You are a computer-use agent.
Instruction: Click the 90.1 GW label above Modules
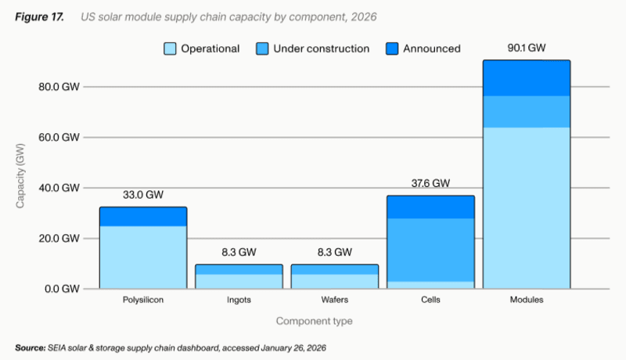(526, 48)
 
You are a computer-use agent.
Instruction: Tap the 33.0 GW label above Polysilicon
(142, 195)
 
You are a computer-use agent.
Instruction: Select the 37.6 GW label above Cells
(430, 183)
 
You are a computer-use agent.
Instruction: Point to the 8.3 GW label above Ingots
(238, 252)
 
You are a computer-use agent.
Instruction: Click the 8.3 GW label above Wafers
(334, 252)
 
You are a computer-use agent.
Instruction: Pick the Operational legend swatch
(170, 49)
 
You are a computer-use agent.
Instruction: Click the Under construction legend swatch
(263, 49)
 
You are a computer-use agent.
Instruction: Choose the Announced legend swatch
(392, 49)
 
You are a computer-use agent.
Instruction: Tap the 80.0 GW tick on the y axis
(59, 87)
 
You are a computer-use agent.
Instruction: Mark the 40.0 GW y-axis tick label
(59, 188)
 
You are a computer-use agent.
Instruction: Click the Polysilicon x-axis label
(142, 301)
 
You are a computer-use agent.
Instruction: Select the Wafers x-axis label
(334, 301)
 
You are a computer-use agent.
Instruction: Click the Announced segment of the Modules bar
(526, 78)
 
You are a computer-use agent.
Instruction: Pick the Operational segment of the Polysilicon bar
(142, 257)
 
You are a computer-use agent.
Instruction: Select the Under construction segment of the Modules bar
(526, 111)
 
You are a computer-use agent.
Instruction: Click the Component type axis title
(313, 321)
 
